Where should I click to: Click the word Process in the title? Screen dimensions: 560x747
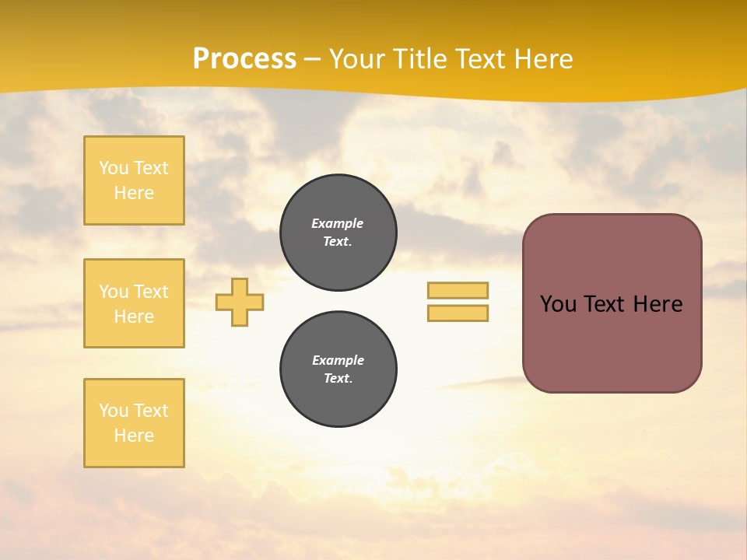click(244, 59)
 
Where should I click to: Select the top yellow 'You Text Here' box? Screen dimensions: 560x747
click(134, 180)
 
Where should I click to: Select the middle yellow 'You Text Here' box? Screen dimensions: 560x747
click(134, 303)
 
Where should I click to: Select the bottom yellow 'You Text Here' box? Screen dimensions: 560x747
click(134, 423)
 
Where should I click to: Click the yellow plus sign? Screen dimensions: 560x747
click(240, 302)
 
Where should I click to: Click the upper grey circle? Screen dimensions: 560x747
click(338, 233)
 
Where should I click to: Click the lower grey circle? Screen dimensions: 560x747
click(338, 369)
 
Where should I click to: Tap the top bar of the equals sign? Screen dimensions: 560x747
click(458, 290)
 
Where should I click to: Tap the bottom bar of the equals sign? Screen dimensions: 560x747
click(458, 313)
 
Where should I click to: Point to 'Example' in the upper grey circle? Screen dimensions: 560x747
click(337, 223)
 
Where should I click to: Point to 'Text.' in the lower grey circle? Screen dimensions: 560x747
click(338, 379)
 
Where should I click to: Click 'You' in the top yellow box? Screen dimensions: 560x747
click(113, 168)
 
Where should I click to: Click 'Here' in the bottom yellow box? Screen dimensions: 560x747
click(134, 436)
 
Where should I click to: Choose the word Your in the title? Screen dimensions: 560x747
click(357, 59)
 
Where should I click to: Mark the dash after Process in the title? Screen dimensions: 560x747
click(312, 60)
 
